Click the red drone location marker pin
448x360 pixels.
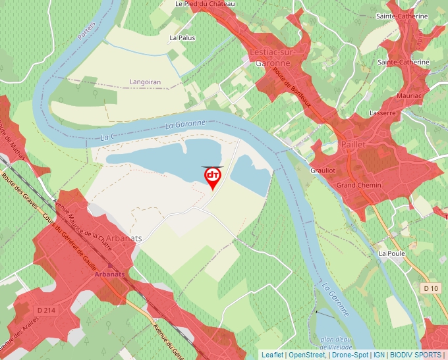pyautogui.click(x=213, y=177)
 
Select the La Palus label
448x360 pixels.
pyautogui.click(x=182, y=38)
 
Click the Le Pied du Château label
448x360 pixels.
pyautogui.click(x=205, y=4)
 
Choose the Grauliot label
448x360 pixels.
pyautogui.click(x=323, y=170)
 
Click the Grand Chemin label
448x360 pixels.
pyautogui.click(x=358, y=186)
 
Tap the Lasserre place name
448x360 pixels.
pyautogui.click(x=382, y=113)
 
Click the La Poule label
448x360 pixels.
pyautogui.click(x=391, y=253)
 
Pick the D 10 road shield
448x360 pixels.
pyautogui.click(x=431, y=288)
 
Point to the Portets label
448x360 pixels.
pyautogui.click(x=86, y=30)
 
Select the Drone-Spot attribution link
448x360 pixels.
pyautogui.click(x=350, y=355)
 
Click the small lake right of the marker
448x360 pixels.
pyautogui.click(x=250, y=174)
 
